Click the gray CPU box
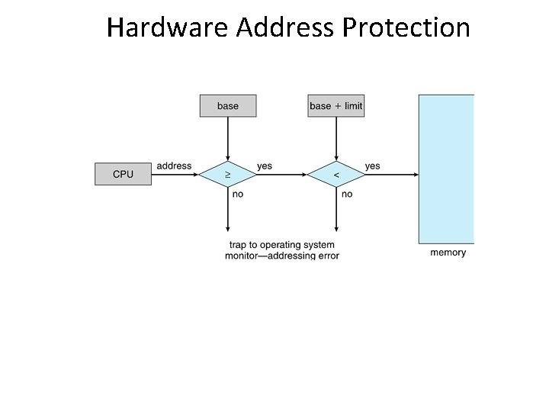[123, 174]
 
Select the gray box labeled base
[227, 106]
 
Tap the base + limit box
[335, 106]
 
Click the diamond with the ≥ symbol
[227, 175]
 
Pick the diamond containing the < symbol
[335, 175]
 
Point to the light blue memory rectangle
[446, 168]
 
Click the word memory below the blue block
[448, 253]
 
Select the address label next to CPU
[174, 166]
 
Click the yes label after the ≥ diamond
[265, 166]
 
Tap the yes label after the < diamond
[373, 166]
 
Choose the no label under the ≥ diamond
[238, 195]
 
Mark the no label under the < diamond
[347, 195]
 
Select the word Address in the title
[284, 27]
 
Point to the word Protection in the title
[406, 27]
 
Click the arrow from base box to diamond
[227, 137]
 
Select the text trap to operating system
[281, 245]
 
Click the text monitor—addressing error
[281, 256]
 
